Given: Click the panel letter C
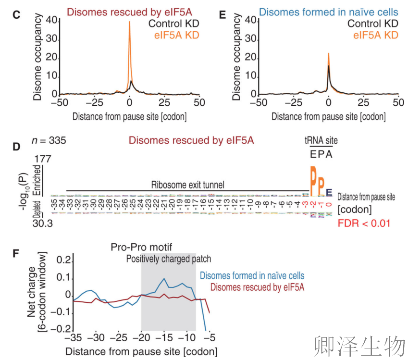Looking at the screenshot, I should (16, 15).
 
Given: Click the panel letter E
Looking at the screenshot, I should (223, 15).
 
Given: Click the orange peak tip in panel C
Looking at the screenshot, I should (129, 22).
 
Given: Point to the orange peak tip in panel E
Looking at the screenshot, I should (328, 54).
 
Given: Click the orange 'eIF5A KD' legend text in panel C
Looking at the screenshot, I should (176, 35).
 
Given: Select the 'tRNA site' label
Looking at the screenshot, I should (321, 140).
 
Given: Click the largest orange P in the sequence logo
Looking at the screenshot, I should (313, 182).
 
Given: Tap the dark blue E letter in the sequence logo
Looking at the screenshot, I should (329, 193).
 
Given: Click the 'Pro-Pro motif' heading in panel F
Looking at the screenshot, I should (135, 247).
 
